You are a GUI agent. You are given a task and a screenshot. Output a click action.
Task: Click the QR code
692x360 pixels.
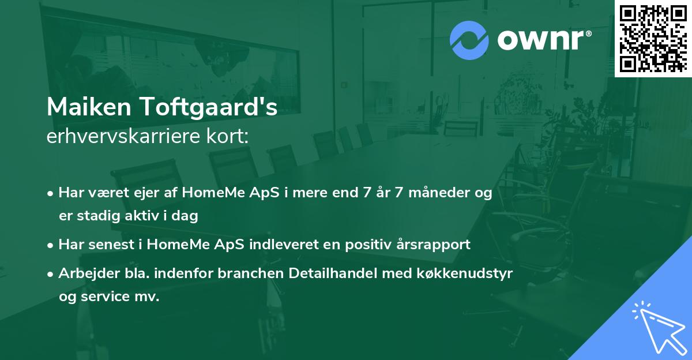pos(653,38)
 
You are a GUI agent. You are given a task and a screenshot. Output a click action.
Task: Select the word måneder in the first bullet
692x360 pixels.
pos(441,193)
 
